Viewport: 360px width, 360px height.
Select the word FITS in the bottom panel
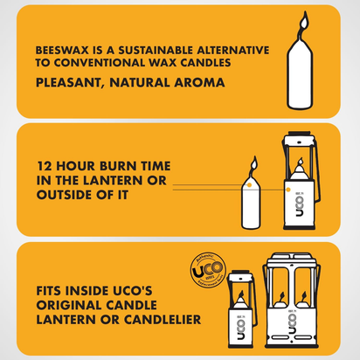[53, 290]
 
